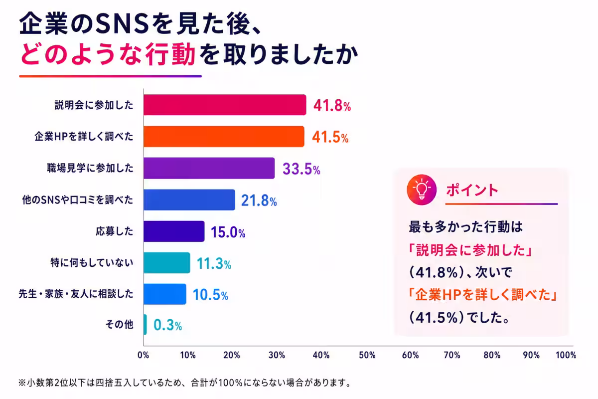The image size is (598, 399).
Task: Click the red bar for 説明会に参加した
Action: tap(225, 105)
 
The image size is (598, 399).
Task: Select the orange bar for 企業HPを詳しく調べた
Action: tap(224, 136)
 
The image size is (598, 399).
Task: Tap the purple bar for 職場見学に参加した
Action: tap(209, 168)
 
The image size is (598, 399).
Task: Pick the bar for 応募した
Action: tap(174, 231)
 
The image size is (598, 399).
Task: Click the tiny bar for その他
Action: tap(145, 325)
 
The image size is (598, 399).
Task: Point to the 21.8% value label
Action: tap(259, 200)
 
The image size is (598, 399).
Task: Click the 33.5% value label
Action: tap(301, 169)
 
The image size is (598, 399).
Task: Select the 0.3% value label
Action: tap(167, 325)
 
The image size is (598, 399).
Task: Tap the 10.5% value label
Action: tap(210, 295)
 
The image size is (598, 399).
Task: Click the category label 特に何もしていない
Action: tap(92, 263)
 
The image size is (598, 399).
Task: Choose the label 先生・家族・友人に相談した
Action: tap(76, 294)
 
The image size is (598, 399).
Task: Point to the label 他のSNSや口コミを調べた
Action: tap(77, 199)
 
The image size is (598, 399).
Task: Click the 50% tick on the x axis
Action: tap(367, 355)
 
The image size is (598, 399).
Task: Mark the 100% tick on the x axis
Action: tap(566, 355)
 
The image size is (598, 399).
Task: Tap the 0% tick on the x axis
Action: tap(144, 355)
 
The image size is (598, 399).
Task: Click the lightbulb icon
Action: tap(422, 190)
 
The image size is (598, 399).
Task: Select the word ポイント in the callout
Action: tap(472, 190)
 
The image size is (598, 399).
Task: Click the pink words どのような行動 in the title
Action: tap(108, 54)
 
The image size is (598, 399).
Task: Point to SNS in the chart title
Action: tap(122, 24)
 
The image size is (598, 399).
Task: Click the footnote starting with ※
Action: tap(185, 383)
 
